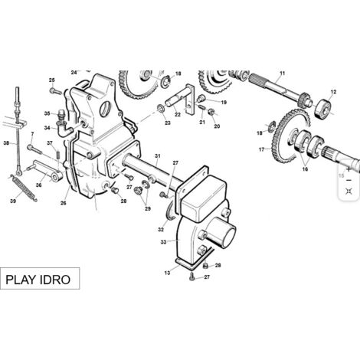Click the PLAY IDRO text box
tap(40, 278)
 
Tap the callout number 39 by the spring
tap(13, 201)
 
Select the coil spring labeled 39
tap(24, 188)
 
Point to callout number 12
tap(333, 92)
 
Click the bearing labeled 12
tap(324, 109)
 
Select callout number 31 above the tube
tap(158, 155)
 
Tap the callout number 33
tap(163, 242)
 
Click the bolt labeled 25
tap(56, 91)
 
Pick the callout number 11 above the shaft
tap(282, 74)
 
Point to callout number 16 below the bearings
tap(305, 169)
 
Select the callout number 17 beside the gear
tap(261, 149)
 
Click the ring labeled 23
tap(161, 108)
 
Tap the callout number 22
tap(178, 115)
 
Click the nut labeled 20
tap(211, 112)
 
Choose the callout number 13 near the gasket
tap(167, 273)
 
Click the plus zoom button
tap(349, 169)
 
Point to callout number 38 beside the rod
tap(6, 143)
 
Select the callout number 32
tap(161, 230)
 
